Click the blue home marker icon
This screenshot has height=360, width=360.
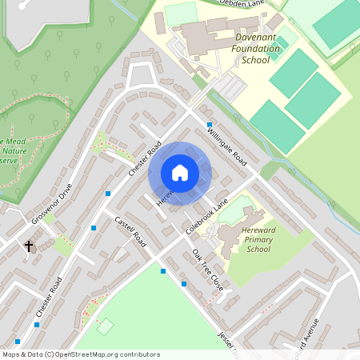[x=180, y=173]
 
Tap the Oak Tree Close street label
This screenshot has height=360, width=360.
[x=207, y=267]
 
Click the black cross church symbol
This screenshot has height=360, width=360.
[x=30, y=246]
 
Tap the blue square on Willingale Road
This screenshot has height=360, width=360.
[x=210, y=125]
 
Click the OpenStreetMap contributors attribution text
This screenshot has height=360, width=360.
[x=80, y=354]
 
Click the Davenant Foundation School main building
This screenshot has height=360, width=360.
[x=204, y=36]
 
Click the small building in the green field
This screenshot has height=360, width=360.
[x=105, y=326]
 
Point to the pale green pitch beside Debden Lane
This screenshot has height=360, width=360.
[x=181, y=13]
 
